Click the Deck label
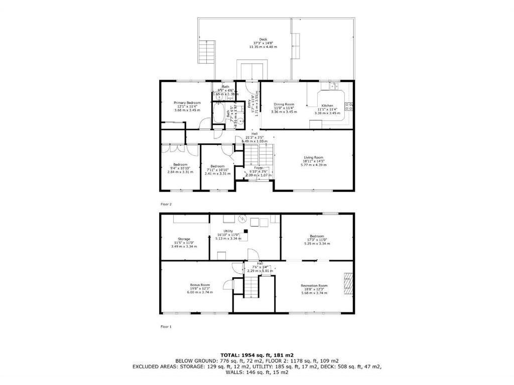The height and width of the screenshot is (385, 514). click(x=263, y=40)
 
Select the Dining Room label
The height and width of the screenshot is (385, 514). click(x=284, y=104)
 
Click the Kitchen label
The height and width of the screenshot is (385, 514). click(x=327, y=106)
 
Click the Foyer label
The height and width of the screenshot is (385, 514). click(x=259, y=167)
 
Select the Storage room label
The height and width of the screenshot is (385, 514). click(x=184, y=239)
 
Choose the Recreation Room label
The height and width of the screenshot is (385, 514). click(x=314, y=285)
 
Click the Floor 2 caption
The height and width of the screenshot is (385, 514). click(x=166, y=205)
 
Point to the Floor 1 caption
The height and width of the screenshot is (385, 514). click(x=166, y=327)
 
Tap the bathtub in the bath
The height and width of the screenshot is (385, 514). click(x=218, y=113)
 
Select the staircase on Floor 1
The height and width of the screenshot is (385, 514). click(x=250, y=287)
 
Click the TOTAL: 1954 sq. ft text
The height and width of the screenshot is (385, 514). click(x=256, y=355)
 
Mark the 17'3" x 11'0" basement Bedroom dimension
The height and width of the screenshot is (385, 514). click(x=317, y=241)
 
